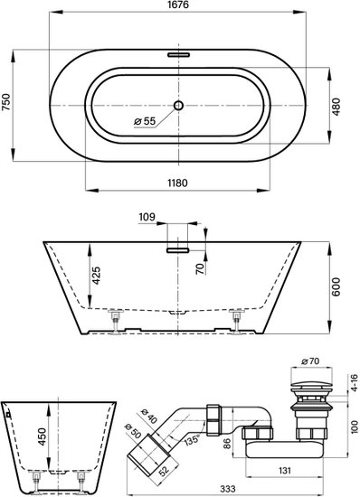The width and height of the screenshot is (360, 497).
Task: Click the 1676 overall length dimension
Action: (x=177, y=5)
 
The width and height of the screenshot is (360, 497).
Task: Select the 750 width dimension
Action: (x=6, y=102)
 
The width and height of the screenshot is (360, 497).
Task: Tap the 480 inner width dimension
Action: (x=336, y=107)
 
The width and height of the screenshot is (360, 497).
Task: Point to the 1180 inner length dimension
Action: (x=177, y=183)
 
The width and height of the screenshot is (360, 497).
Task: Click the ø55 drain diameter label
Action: (x=145, y=121)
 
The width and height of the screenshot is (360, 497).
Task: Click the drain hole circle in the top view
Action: (x=178, y=105)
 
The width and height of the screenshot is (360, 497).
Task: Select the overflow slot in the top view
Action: (x=178, y=54)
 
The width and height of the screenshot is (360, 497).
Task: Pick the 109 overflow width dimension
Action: (x=147, y=217)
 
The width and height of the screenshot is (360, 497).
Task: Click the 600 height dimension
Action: (x=336, y=286)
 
